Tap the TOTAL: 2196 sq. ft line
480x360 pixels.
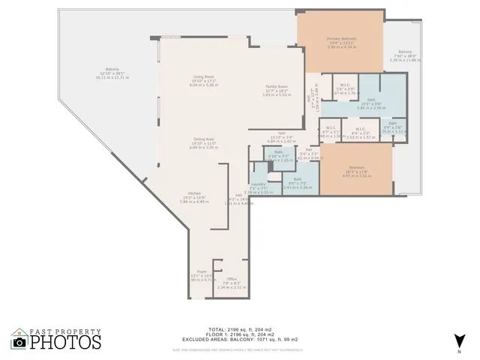pyautogui.click(x=239, y=329)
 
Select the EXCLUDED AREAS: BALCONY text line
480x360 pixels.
pyautogui.click(x=239, y=339)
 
